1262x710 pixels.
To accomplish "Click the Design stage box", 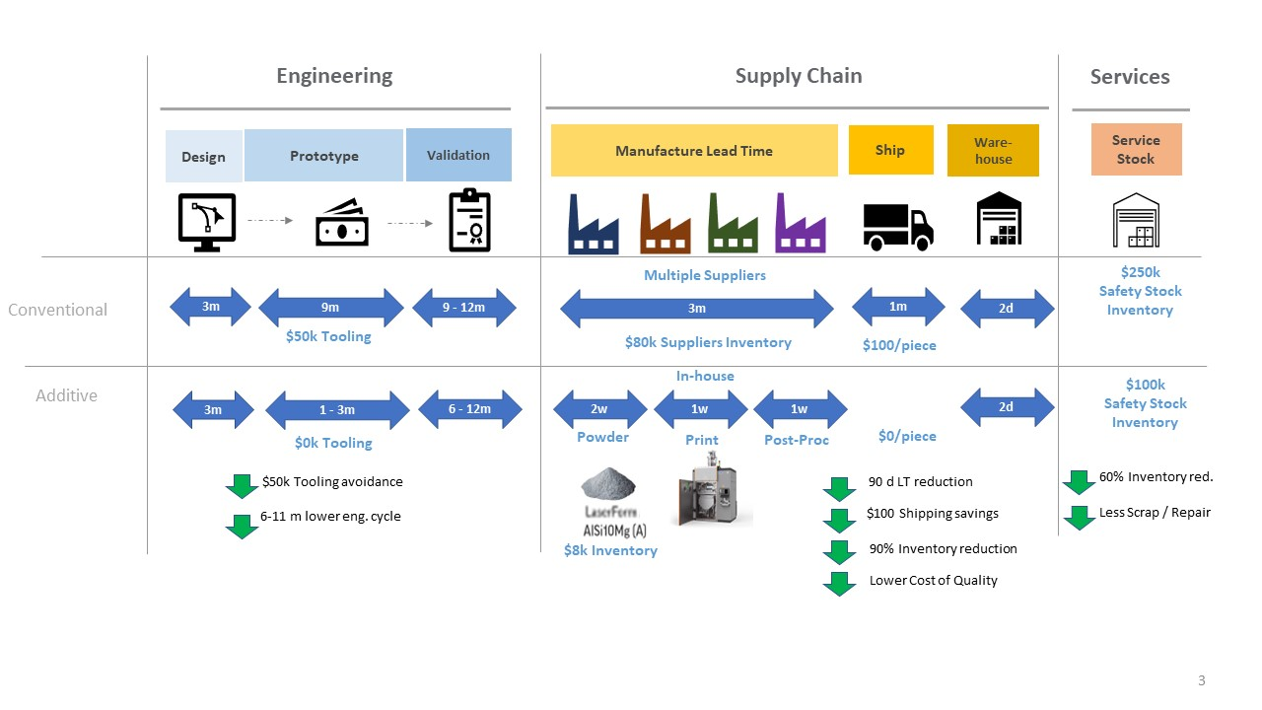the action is click(x=203, y=157).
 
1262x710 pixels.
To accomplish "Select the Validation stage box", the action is click(x=458, y=155).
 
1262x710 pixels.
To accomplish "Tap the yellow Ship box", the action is click(x=890, y=150).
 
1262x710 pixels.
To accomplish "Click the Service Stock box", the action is click(x=1136, y=150).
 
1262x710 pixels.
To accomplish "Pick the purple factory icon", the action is click(x=800, y=224).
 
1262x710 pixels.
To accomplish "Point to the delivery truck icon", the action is click(x=897, y=226).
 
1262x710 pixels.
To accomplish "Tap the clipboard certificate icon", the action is click(x=468, y=221).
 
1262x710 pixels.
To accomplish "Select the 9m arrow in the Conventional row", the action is click(x=331, y=308).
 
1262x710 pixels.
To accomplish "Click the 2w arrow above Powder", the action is click(x=599, y=409).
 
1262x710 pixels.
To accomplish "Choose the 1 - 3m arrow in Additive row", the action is click(x=337, y=410).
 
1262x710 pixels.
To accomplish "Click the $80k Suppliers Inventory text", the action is click(x=708, y=342).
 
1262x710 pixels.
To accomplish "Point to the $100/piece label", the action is click(x=898, y=345).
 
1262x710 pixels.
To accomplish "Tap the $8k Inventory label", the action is click(x=610, y=550).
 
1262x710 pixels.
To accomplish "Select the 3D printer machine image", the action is click(x=709, y=489).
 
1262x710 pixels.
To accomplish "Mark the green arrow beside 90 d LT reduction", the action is click(x=839, y=488).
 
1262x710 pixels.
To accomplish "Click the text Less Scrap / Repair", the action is click(x=1155, y=512).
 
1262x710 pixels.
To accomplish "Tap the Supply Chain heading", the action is click(x=799, y=76).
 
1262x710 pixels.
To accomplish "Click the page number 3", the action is click(x=1201, y=680).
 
